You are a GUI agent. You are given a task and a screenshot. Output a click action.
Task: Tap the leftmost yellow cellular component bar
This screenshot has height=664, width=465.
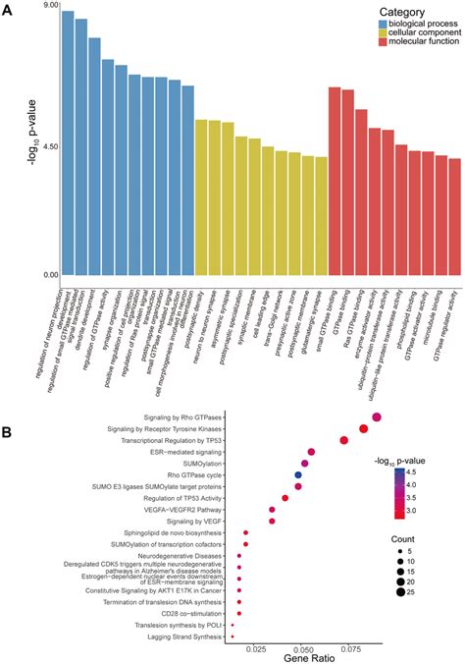pos(201,196)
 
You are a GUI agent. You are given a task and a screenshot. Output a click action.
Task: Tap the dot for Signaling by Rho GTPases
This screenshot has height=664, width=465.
pos(377,417)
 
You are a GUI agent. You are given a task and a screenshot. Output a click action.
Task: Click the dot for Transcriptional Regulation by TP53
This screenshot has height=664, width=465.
pos(344,440)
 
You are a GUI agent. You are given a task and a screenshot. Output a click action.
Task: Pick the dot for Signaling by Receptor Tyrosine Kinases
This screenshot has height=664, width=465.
pos(364,428)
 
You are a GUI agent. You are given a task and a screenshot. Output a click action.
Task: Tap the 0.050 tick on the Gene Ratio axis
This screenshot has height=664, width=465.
pos(304,650)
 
